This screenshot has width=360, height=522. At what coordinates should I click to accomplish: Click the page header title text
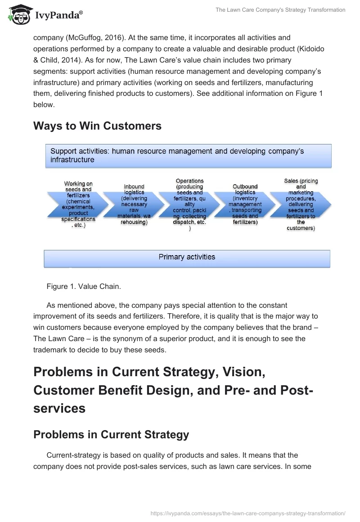[x=280, y=10]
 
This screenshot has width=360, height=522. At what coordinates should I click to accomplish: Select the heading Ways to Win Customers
[x=97, y=126]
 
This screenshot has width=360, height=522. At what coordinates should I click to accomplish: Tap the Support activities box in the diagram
[x=188, y=156]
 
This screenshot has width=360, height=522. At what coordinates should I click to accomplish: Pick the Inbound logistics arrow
[x=134, y=205]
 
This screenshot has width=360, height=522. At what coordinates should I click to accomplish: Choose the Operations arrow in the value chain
[x=189, y=205]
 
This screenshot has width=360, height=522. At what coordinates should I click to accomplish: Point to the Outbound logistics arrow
[x=245, y=205]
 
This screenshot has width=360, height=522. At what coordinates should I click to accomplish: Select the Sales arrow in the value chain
[x=301, y=205]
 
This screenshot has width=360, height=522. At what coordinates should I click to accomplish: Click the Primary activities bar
[x=187, y=257]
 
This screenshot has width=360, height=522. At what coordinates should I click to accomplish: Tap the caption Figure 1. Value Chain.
[x=77, y=286]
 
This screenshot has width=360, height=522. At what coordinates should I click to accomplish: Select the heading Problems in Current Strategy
[x=111, y=435]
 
